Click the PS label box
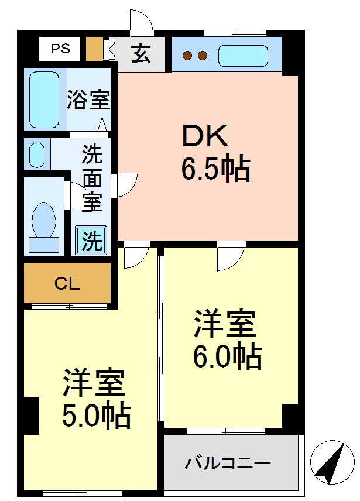59,49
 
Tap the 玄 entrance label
140,54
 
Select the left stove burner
188,56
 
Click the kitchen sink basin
243,56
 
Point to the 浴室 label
88,99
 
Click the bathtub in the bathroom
44,99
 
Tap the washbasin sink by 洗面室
37,155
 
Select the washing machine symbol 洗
91,240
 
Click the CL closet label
67,284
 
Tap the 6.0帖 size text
227,356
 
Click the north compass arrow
331,462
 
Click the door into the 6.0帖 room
229,258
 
